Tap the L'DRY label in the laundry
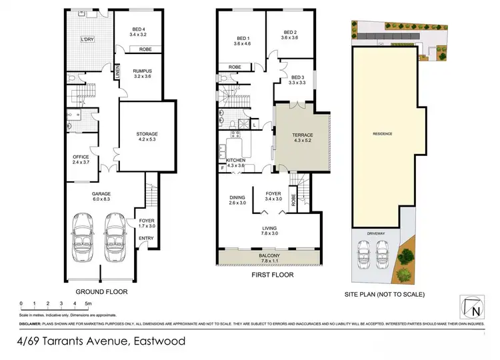[87, 39]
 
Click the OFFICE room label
[81, 157]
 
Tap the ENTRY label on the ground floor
[146, 237]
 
